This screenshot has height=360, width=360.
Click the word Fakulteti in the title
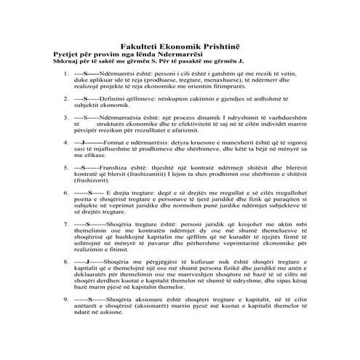tap(143, 44)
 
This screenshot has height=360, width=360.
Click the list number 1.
tap(66, 75)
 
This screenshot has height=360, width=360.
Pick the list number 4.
tap(66, 142)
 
